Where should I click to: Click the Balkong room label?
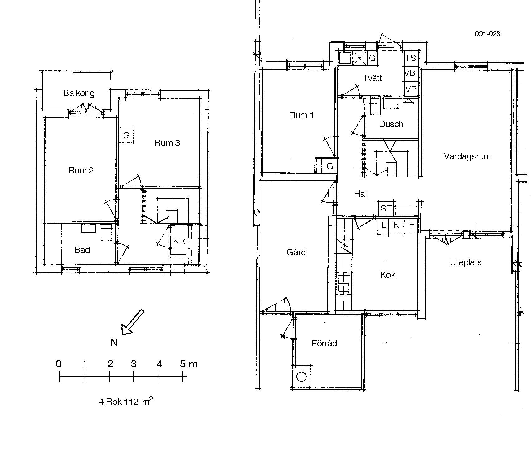click(79, 93)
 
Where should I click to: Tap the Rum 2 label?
click(81, 171)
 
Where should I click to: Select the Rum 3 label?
click(167, 143)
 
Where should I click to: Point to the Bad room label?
click(82, 250)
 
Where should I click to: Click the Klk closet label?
click(179, 241)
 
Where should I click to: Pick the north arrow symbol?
click(132, 323)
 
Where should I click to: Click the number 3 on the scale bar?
click(134, 364)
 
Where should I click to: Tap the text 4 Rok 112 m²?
click(126, 401)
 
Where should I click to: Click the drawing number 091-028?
click(488, 34)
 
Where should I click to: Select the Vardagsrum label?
click(467, 156)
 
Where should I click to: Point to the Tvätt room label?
click(372, 78)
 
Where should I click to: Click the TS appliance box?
click(411, 58)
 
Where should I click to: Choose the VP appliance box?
click(411, 89)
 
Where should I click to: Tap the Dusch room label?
click(391, 124)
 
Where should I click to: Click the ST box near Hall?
click(386, 208)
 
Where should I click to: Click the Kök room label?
click(388, 275)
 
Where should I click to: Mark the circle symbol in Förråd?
click(301, 377)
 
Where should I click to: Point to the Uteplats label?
click(465, 262)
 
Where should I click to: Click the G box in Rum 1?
click(329, 166)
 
